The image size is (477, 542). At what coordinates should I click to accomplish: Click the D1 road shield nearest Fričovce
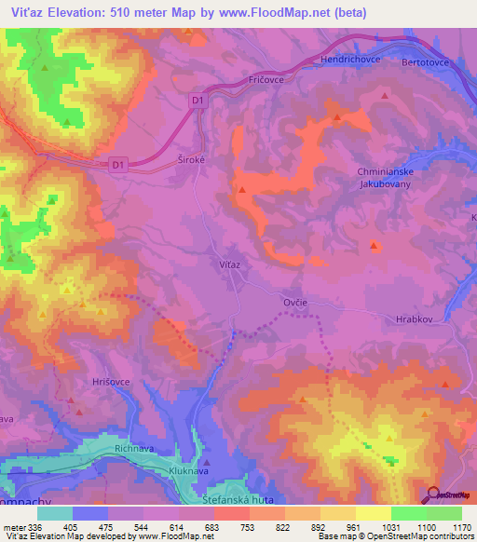tap(197, 99)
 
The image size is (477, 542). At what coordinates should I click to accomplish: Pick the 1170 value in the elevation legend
tap(462, 527)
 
